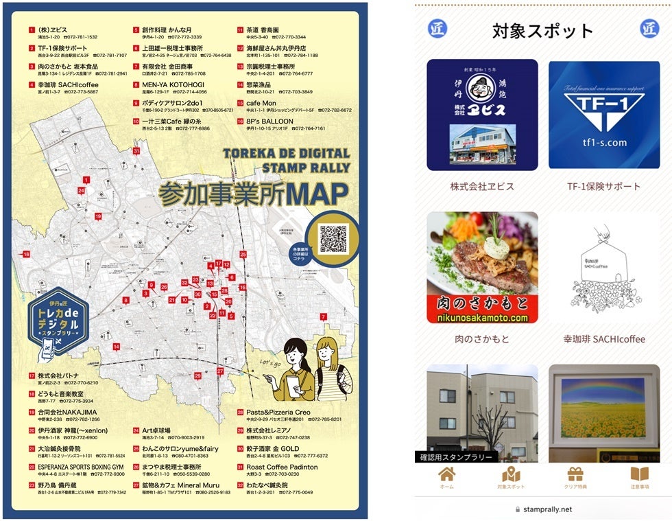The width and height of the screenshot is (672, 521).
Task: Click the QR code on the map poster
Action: tap(333, 238)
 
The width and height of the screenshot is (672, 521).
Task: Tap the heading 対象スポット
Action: tap(542, 31)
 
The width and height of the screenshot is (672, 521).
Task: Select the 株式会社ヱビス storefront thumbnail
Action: tap(482, 115)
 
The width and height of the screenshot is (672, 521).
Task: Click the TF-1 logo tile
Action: tap(603, 115)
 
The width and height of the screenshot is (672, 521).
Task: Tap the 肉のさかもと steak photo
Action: tap(482, 267)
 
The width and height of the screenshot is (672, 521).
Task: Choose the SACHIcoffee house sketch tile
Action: tap(603, 267)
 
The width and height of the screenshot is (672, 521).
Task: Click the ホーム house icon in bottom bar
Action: tap(447, 474)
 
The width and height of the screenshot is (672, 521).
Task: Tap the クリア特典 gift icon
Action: tap(575, 474)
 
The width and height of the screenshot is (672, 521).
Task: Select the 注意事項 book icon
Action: tap(639, 474)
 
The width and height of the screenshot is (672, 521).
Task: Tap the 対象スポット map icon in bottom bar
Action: tap(511, 474)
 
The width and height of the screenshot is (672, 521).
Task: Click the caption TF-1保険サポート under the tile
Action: tap(603, 186)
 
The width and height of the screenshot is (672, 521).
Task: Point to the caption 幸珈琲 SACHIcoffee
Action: tap(603, 338)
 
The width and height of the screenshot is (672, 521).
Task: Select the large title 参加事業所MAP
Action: tap(253, 194)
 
